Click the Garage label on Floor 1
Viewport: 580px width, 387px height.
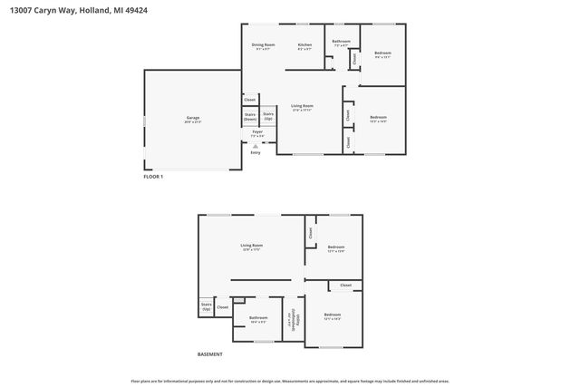pyautogui.click(x=193, y=119)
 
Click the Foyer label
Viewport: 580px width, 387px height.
pyautogui.click(x=257, y=133)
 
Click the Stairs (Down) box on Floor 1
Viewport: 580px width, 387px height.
pyautogui.click(x=249, y=117)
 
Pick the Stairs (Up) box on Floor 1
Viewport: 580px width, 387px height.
pyautogui.click(x=268, y=116)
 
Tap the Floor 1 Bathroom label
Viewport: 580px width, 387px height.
pyautogui.click(x=341, y=42)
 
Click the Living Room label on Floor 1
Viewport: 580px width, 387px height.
pyautogui.click(x=302, y=107)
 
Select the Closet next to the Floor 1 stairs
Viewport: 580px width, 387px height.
pyautogui.click(x=249, y=100)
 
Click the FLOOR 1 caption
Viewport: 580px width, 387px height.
pyautogui.click(x=153, y=177)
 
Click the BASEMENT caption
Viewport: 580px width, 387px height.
pyautogui.click(x=209, y=354)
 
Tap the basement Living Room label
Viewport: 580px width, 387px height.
pyautogui.click(x=251, y=247)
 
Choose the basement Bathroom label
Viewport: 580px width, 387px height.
pyautogui.click(x=258, y=318)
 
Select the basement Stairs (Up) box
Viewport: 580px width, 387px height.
pyautogui.click(x=206, y=307)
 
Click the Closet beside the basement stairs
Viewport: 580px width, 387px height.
pyautogui.click(x=222, y=307)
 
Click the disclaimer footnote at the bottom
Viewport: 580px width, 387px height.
pyautogui.click(x=289, y=382)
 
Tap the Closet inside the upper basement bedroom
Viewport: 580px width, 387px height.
pyautogui.click(x=311, y=232)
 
